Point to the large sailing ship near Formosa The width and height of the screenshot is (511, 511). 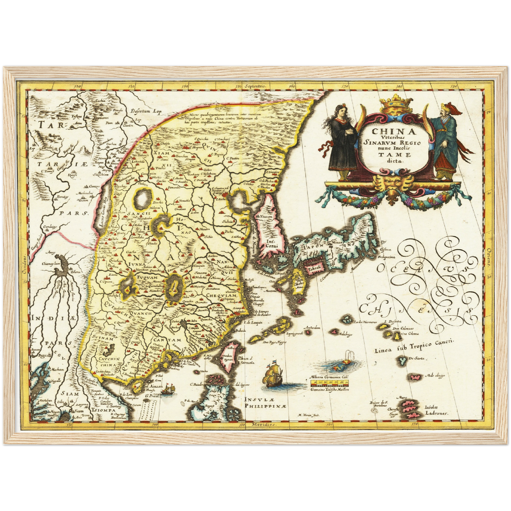pyautogui.click(x=273, y=375)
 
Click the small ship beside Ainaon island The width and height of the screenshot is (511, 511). pyautogui.click(x=169, y=389)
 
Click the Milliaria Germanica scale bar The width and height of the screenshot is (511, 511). pyautogui.click(x=329, y=383)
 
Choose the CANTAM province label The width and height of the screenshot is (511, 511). pyautogui.click(x=167, y=340)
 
